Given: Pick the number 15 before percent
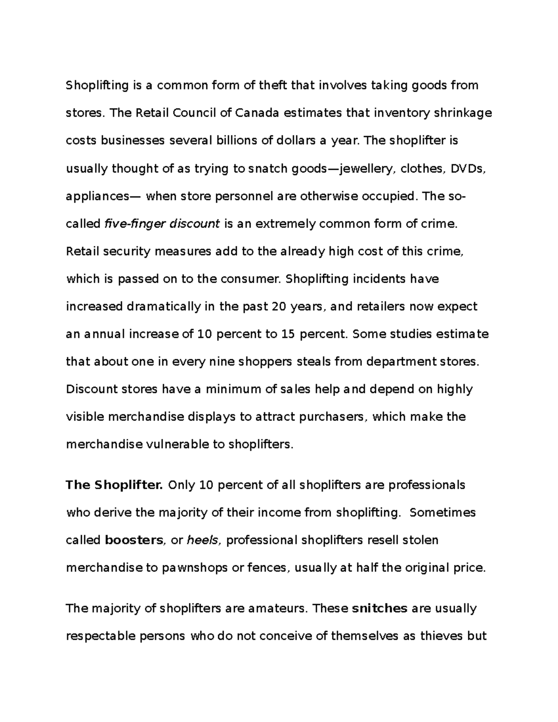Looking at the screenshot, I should (x=288, y=334).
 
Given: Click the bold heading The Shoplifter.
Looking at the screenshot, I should (x=114, y=485).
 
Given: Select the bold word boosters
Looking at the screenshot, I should (x=134, y=540).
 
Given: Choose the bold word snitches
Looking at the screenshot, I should (x=380, y=609).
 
